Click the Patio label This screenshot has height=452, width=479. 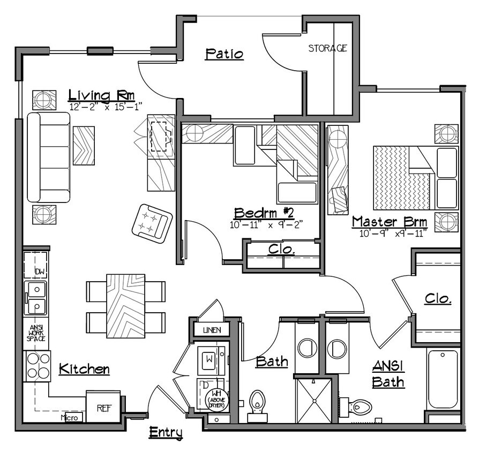point(224,54)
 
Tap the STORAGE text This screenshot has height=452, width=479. point(327,48)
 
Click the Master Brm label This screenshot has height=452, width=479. point(389,222)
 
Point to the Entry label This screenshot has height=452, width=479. point(166,432)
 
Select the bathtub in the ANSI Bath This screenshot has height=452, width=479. point(443,379)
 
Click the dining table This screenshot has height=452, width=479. point(125,305)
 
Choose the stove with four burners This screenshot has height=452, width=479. point(37,366)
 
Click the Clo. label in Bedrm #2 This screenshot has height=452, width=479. point(281,250)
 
